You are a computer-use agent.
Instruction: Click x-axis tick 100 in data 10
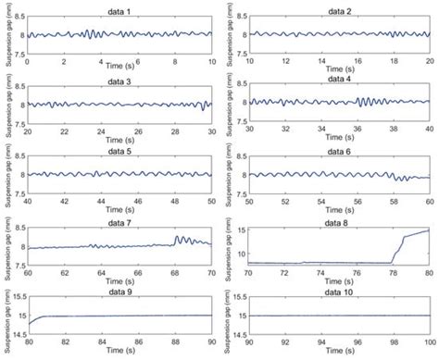(x=430, y=347)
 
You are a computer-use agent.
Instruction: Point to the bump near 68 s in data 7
(x=178, y=239)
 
